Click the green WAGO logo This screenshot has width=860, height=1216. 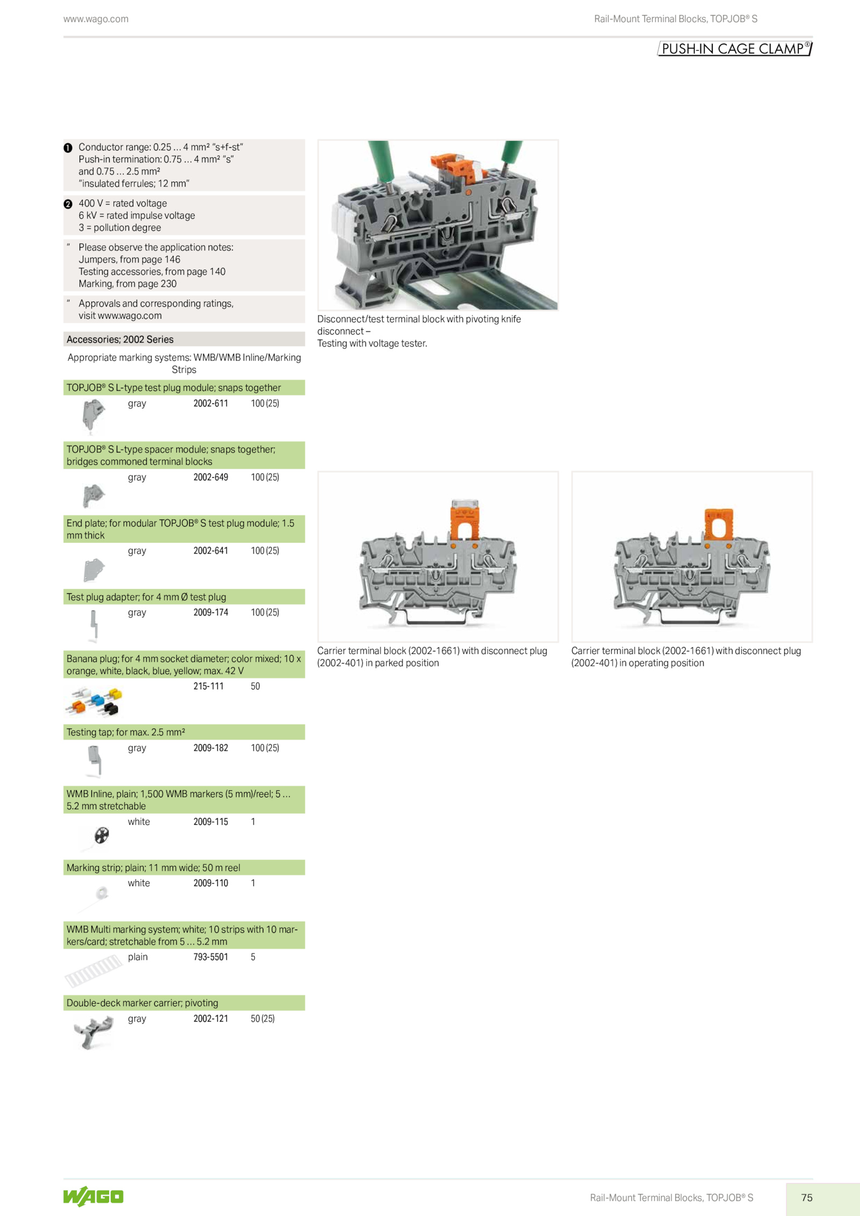93,1196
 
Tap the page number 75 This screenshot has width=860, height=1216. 807,1197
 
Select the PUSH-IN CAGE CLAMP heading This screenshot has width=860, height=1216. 735,49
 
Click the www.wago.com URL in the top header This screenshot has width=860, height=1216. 96,19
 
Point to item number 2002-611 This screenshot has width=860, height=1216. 211,403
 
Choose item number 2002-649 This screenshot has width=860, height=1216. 211,477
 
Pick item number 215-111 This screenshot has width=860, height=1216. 209,686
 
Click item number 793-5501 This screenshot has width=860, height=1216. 211,957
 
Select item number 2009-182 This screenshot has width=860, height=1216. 211,748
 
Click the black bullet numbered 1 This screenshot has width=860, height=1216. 68,148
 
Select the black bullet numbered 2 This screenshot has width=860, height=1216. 68,204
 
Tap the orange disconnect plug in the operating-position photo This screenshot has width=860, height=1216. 719,524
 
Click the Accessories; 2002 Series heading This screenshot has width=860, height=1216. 120,340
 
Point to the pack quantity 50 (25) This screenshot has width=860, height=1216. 263,1019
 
